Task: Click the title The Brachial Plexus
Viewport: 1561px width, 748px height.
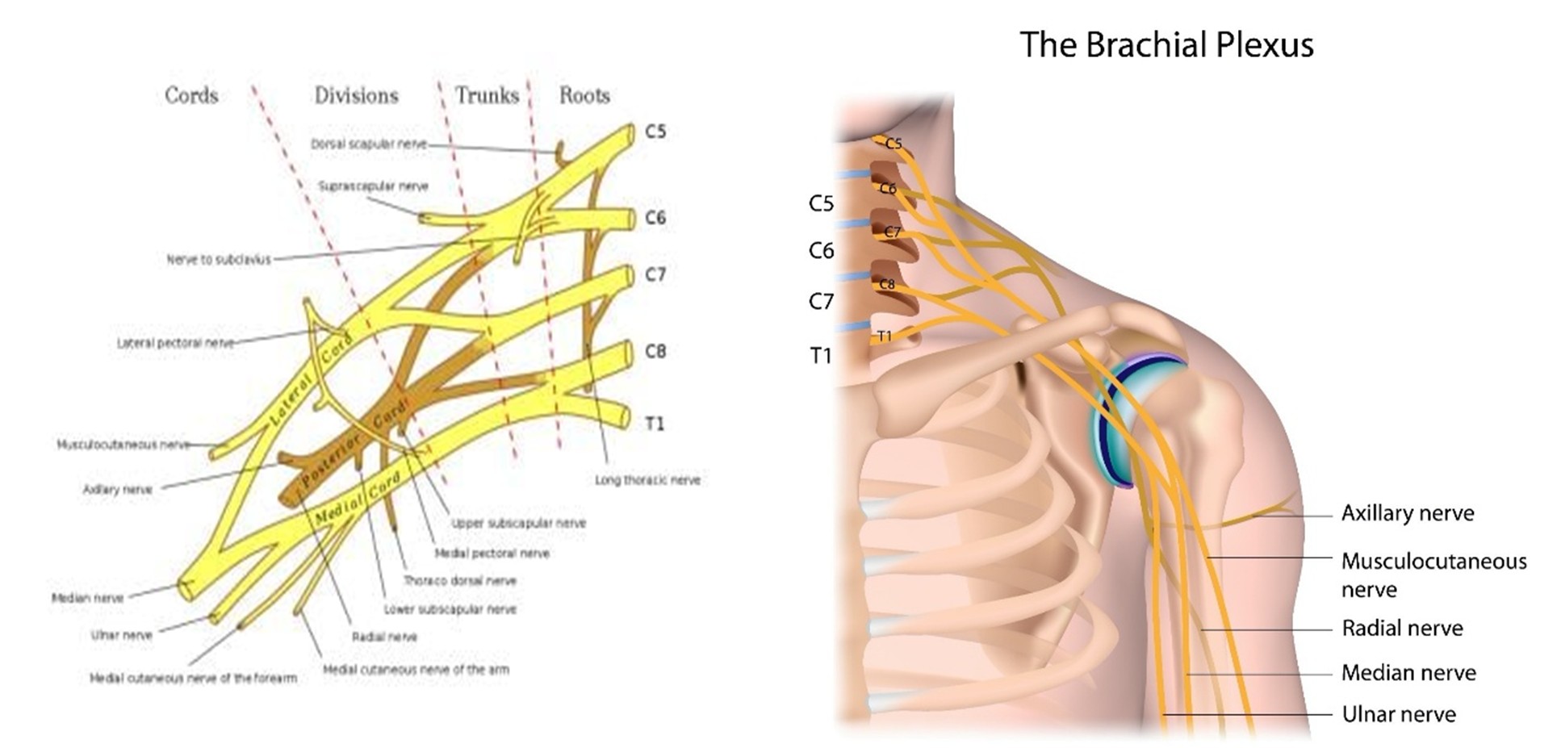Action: point(1166,45)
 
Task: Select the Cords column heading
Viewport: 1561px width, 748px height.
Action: point(191,95)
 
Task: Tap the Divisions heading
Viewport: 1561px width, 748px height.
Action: point(356,95)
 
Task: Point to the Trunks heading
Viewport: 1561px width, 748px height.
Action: point(487,95)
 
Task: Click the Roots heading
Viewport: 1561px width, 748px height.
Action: point(584,95)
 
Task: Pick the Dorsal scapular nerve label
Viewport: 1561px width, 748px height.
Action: point(368,144)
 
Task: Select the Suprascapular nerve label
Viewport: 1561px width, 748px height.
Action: point(373,186)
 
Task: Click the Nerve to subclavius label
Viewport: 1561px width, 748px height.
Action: point(219,260)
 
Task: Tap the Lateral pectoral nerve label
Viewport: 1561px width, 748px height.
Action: point(175,343)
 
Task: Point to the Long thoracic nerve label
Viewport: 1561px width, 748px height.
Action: point(647,480)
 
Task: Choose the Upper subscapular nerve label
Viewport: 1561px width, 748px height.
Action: point(518,523)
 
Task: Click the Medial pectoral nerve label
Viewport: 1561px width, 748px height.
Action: point(492,554)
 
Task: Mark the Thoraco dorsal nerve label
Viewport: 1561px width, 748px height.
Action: point(459,581)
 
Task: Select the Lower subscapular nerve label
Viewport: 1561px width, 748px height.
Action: point(450,609)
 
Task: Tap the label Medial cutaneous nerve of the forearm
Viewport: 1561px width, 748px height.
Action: point(193,679)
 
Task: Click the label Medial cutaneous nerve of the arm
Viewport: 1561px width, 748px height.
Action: point(416,670)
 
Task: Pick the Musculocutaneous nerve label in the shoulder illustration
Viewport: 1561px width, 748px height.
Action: point(1433,575)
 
